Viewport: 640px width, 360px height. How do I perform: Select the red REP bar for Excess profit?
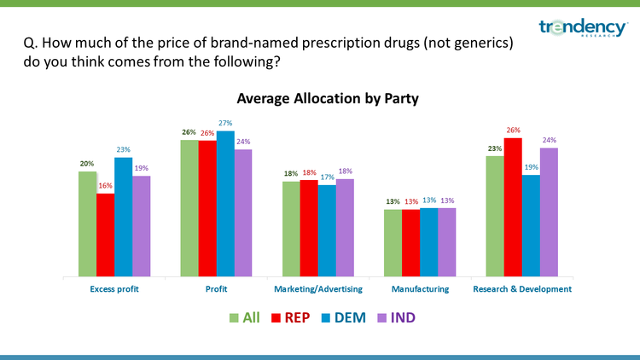pos(105,235)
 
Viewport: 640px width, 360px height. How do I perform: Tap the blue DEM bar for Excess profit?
pos(123,218)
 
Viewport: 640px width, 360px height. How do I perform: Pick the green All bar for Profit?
pos(189,208)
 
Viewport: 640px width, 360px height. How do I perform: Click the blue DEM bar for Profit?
pos(224,204)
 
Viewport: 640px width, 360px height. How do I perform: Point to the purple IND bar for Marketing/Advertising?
pos(345,228)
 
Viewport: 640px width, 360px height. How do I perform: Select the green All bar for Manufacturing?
pos(392,243)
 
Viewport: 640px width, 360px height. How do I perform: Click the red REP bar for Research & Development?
pos(512,207)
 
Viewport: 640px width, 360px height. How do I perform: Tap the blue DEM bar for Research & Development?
pos(530,226)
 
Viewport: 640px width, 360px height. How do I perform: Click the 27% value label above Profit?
pos(224,124)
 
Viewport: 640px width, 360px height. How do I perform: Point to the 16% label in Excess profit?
pos(105,187)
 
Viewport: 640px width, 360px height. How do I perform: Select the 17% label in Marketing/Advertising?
pos(327,177)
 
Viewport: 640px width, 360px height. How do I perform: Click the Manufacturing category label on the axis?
pos(420,290)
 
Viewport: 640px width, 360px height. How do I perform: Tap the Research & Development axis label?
pos(521,290)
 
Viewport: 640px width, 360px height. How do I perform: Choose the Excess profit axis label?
pos(113,290)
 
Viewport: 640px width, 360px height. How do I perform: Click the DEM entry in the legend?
pos(342,318)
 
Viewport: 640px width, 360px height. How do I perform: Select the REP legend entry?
pos(288,318)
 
